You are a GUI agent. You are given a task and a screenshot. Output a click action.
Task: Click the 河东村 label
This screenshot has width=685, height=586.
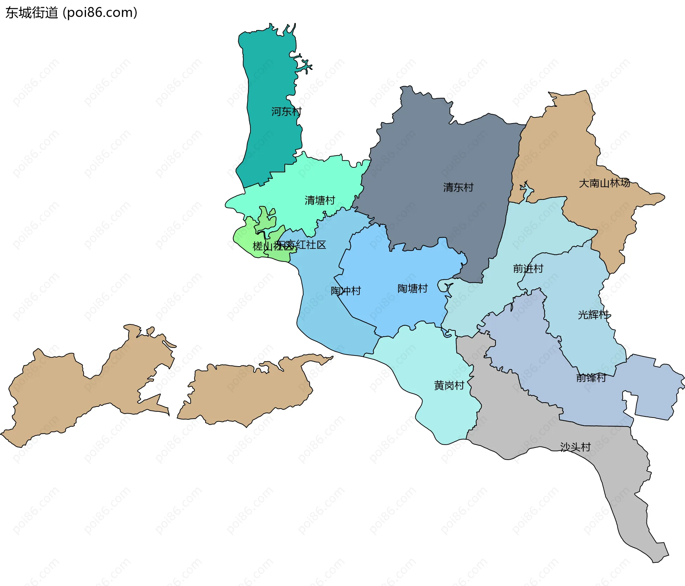pos(286,112)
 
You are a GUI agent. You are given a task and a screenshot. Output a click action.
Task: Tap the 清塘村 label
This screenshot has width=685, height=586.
pos(320,200)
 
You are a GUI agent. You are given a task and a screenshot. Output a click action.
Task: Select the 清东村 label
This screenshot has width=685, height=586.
pos(458,187)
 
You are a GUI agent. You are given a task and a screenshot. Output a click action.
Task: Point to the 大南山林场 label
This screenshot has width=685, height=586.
pos(604,183)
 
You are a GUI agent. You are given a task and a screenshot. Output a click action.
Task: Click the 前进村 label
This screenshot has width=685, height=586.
pos(528,268)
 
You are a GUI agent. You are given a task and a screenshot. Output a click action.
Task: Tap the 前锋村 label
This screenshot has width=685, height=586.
pos(591,378)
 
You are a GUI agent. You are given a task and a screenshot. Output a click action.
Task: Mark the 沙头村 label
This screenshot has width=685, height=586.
pos(575,447)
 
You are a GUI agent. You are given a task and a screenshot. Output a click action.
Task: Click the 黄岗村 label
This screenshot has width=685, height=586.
pos(449,385)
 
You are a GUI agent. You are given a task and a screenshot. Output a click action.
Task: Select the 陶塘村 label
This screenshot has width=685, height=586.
pos(412,288)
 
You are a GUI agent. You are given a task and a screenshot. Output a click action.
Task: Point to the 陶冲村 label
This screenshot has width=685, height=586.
pos(345,291)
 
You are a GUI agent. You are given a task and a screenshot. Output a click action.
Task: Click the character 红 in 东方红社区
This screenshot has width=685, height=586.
pos(301,245)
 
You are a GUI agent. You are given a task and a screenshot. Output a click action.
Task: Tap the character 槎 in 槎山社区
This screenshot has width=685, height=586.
pos(258,246)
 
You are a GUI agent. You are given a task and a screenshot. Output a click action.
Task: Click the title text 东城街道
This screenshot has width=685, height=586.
pos(31,13)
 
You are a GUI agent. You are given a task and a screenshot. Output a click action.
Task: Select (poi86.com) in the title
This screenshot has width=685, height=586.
pos(100,13)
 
